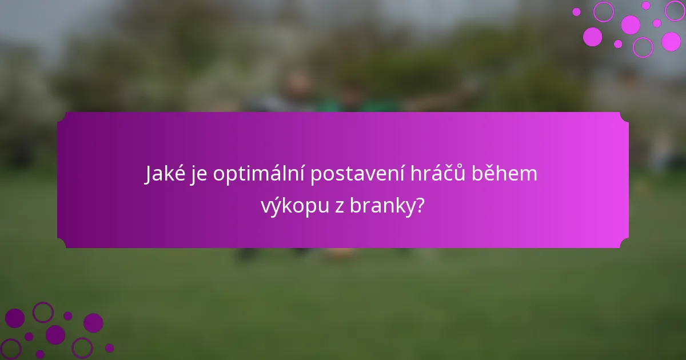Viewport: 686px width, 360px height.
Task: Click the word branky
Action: coord(383,207)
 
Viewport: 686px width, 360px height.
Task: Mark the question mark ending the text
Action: coord(421,207)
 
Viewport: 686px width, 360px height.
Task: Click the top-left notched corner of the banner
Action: coord(61,116)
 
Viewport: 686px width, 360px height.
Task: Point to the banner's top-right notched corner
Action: coord(624,116)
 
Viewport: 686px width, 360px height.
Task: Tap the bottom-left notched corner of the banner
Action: coord(61,244)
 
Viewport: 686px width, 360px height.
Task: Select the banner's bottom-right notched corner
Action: coord(624,244)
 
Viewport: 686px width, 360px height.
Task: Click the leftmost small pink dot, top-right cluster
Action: coord(576,11)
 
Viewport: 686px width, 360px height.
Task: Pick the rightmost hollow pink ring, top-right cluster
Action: coord(674,10)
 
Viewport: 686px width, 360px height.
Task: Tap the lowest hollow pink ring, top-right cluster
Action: coord(643,47)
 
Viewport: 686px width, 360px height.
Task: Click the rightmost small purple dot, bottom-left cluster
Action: coord(109,347)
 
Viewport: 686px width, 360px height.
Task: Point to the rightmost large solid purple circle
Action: coord(93,323)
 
